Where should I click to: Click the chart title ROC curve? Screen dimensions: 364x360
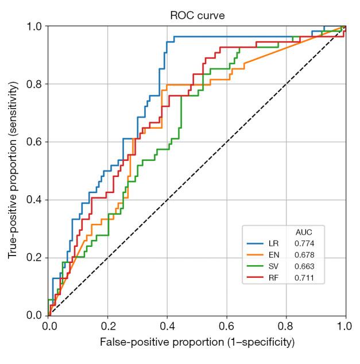pos(197,15)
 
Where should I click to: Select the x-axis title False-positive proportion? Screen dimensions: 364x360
pos(197,343)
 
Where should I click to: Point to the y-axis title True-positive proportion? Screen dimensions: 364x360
pos(12,171)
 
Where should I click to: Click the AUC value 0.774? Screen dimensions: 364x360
pos(304,243)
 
